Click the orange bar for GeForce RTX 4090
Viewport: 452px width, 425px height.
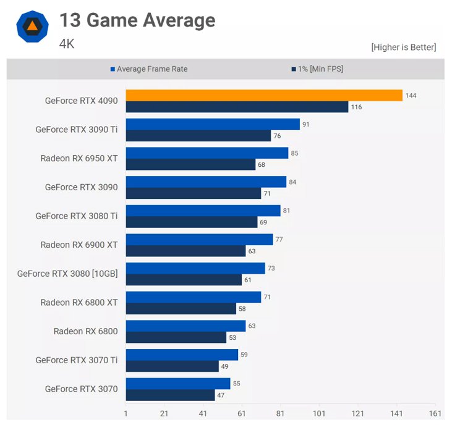[x=264, y=95]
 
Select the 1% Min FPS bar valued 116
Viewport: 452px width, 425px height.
[x=237, y=107]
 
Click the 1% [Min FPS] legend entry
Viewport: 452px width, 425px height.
[x=317, y=69]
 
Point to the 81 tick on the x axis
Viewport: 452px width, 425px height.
[x=280, y=414]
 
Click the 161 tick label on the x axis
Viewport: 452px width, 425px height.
[x=435, y=414]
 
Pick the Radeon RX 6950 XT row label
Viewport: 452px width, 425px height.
[x=79, y=158]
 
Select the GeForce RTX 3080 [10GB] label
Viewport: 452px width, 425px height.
[x=67, y=273]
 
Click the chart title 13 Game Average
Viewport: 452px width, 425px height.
[x=137, y=20]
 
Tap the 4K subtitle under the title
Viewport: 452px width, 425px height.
[x=67, y=44]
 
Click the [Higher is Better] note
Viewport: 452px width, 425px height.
[x=403, y=47]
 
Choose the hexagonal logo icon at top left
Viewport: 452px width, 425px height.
[x=32, y=26]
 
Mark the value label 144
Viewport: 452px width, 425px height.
[x=411, y=95]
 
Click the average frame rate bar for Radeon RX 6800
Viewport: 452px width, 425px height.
[x=185, y=326]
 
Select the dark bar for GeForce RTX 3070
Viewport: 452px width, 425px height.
[x=170, y=395]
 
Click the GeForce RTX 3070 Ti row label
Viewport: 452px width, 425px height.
[x=77, y=360]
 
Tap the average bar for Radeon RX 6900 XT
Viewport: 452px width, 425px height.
[x=199, y=239]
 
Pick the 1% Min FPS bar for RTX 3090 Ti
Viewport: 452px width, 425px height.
[x=198, y=136]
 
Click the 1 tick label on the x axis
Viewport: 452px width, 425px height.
[x=126, y=414]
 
